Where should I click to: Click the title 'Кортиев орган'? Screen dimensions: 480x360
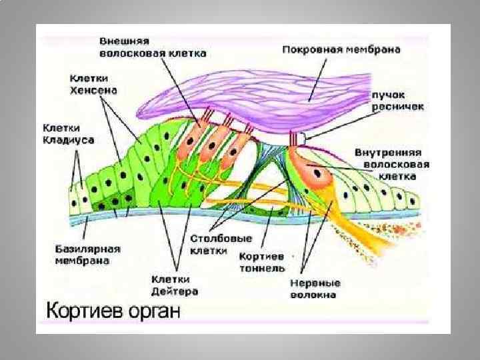(113, 311)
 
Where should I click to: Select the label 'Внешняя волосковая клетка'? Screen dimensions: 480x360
(153, 46)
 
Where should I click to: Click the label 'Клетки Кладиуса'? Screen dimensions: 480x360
(69, 133)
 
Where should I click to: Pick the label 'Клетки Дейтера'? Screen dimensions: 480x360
(175, 285)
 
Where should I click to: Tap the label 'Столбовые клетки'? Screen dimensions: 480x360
(211, 245)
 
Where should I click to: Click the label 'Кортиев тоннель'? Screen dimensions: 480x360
(262, 262)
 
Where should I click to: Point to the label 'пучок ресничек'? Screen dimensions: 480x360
(390, 101)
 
